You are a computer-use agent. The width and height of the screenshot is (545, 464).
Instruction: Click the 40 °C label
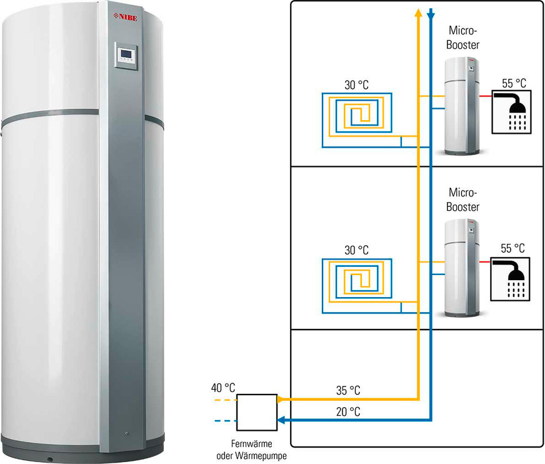223,388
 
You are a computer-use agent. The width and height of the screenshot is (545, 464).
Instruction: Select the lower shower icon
512,276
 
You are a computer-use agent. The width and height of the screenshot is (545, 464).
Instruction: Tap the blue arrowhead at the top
431,13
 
